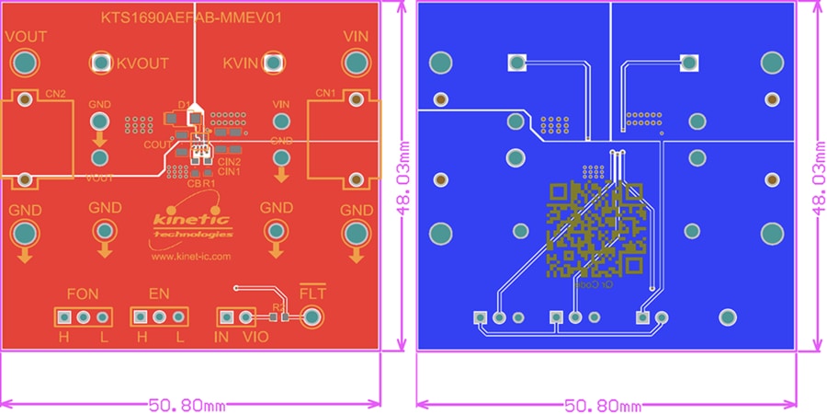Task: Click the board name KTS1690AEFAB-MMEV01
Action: [x=190, y=17]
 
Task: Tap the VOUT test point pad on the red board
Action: [x=24, y=63]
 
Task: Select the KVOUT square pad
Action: [x=100, y=63]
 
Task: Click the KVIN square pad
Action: [x=274, y=63]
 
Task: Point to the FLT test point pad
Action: [x=312, y=317]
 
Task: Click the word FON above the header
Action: [x=83, y=294]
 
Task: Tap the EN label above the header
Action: [x=159, y=294]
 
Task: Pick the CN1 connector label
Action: [x=325, y=94]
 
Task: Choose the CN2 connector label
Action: [x=54, y=94]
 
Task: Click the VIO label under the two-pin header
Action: [x=255, y=338]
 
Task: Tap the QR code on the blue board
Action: [x=596, y=230]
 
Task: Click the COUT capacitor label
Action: [x=155, y=144]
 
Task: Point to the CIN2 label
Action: [x=229, y=162]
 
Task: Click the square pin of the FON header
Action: [x=63, y=317]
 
